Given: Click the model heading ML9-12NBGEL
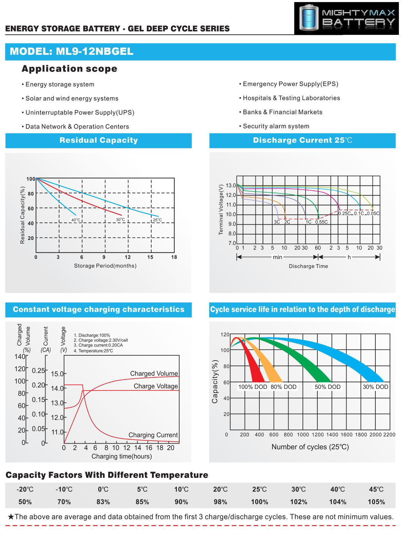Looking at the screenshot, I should coord(72,52).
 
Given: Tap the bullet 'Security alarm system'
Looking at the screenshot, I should coord(276,126).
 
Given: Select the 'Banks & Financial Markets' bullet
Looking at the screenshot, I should coord(282,112).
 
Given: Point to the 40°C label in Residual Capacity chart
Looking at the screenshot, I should coord(76,220).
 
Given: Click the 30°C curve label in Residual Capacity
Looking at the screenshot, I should coord(120,220).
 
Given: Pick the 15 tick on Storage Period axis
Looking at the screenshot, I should coord(150,257).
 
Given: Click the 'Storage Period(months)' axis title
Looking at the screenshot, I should coord(105,266).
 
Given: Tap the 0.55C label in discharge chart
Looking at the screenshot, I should coord(321,222).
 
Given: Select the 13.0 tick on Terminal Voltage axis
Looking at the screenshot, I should coord(231,185).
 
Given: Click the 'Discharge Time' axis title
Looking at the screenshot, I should coord(308,266).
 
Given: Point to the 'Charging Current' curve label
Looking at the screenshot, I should coord(153,435).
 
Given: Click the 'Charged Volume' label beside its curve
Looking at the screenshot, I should coord(154,373).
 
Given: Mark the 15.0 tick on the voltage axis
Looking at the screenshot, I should coord(57,374).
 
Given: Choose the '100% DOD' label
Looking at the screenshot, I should coord(252,387).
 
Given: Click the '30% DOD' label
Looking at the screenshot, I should coord(375,387).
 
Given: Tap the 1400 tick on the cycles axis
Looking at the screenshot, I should coord(332,435).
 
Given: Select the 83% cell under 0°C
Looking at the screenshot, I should coord(103,502).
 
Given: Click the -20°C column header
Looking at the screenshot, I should coord(25,489).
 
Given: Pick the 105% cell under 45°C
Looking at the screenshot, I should coord(376,502).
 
